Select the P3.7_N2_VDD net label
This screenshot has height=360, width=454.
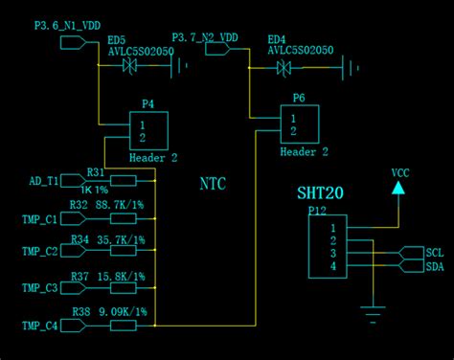(x=205, y=37)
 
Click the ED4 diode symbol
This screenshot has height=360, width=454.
(x=284, y=67)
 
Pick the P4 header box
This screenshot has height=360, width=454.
(x=148, y=130)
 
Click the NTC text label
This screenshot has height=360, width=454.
(x=213, y=183)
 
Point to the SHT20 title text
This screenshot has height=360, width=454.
(x=320, y=192)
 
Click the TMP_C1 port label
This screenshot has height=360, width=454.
(x=39, y=219)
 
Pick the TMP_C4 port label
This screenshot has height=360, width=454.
(x=39, y=326)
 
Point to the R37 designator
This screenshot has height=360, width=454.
(x=79, y=277)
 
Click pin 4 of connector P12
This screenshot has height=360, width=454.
(x=332, y=265)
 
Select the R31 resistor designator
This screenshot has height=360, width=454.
(x=95, y=172)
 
